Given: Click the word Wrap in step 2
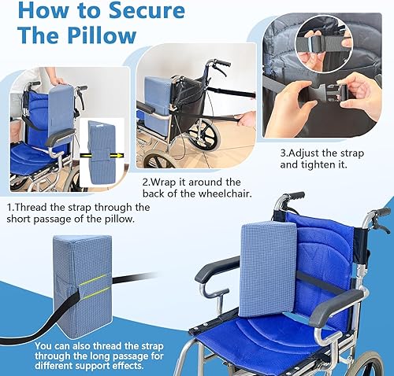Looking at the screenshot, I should (167, 180).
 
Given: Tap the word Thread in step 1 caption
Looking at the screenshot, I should (39, 208).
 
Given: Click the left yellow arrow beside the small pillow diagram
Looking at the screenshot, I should (83, 154).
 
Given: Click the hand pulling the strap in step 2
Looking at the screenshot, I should (246, 119).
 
